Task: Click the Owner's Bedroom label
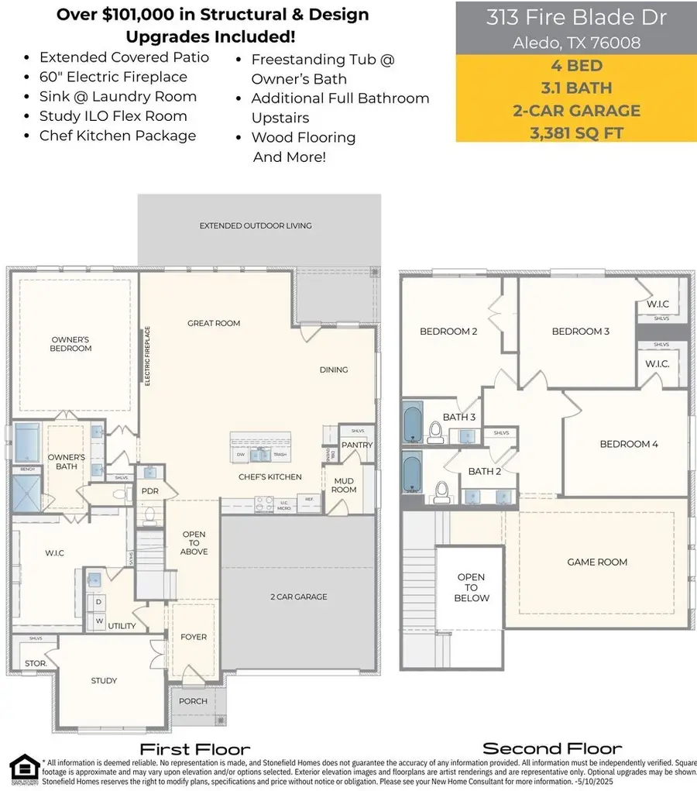click(71, 344)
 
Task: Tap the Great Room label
click(214, 323)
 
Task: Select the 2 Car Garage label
click(299, 597)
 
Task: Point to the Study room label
click(104, 681)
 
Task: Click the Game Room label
click(597, 562)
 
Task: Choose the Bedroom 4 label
click(628, 444)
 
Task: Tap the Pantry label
click(357, 445)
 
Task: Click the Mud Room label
click(344, 485)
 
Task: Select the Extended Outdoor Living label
click(256, 225)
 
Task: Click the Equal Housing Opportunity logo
click(20, 771)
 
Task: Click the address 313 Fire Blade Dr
click(576, 19)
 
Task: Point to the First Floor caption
click(194, 749)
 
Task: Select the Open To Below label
click(471, 587)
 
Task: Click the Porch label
click(193, 701)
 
